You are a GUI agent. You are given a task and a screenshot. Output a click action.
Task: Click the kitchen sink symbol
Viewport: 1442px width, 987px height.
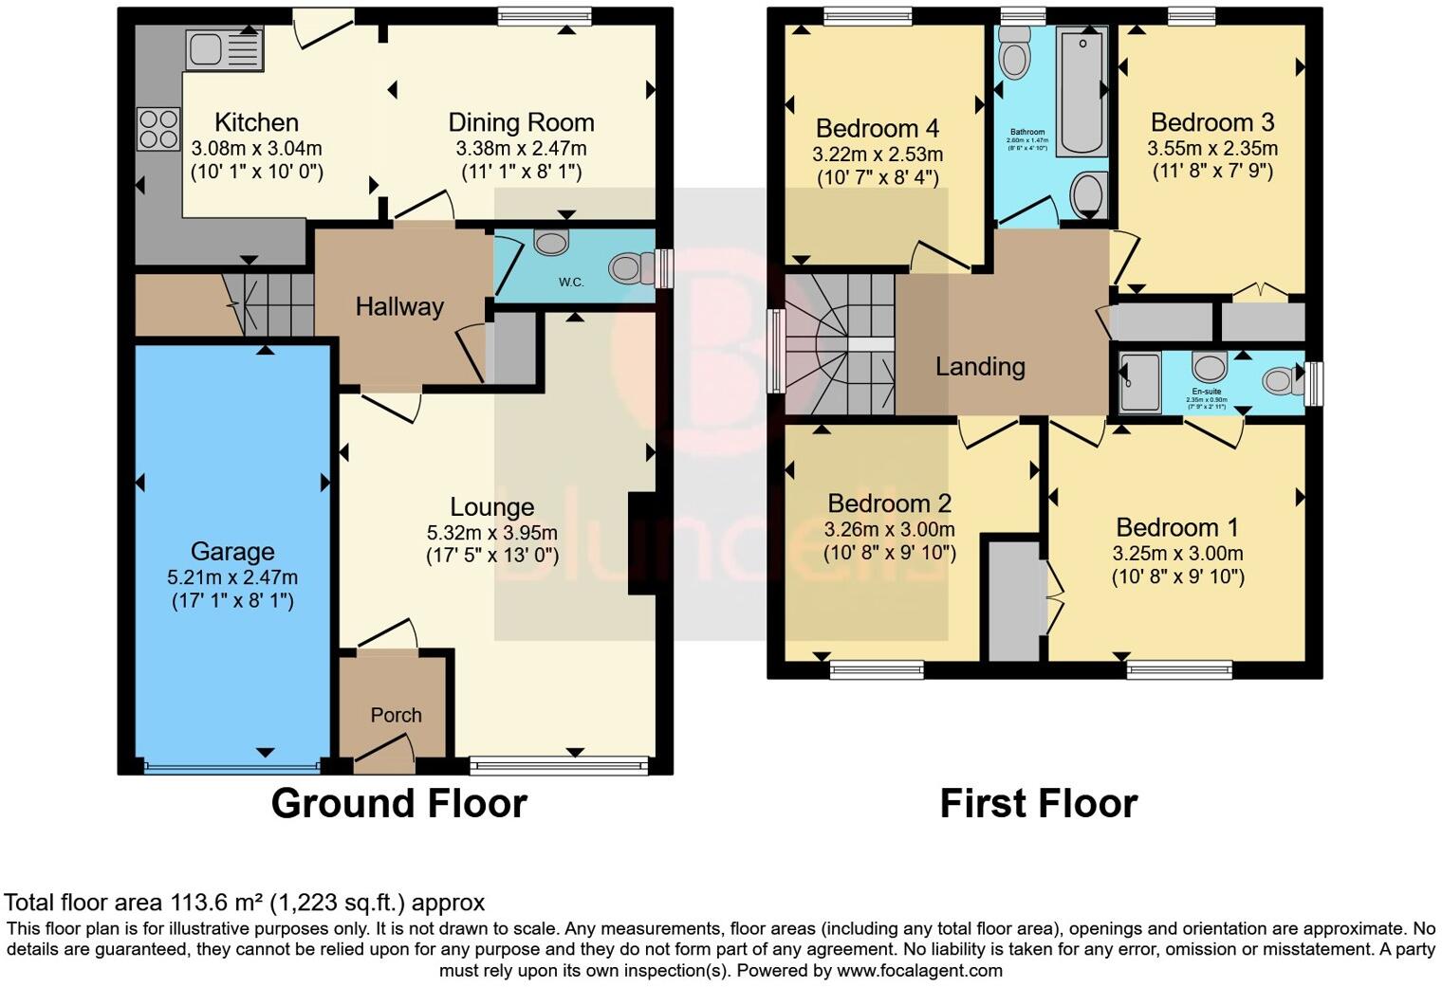[x=226, y=48]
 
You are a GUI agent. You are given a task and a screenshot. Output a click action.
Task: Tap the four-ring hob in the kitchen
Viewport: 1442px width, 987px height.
[x=158, y=129]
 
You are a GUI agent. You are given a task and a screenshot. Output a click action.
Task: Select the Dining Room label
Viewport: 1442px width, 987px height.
[x=521, y=122]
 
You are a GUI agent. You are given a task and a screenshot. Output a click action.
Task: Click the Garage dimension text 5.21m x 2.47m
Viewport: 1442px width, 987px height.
[x=232, y=577]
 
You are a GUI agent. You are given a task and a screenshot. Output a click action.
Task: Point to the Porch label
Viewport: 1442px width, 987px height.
[x=396, y=715]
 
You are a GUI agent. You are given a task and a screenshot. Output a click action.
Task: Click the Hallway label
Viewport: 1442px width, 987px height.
[x=399, y=306]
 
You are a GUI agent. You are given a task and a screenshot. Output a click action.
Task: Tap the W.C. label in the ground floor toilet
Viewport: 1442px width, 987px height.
[x=570, y=282]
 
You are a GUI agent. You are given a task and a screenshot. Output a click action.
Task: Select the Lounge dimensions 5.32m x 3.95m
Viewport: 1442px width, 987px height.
[x=491, y=533]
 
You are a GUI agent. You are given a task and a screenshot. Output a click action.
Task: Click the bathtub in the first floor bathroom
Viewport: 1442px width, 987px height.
[x=1082, y=91]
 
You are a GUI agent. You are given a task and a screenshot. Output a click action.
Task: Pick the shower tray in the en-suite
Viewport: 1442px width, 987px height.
[x=1139, y=383]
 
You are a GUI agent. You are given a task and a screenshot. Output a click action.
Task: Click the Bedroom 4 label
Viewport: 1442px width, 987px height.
[x=878, y=128]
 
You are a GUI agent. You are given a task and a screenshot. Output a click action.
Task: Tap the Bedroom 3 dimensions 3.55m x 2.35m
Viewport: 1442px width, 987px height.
[x=1211, y=149]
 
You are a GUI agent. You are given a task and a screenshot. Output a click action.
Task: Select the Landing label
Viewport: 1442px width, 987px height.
[x=980, y=366]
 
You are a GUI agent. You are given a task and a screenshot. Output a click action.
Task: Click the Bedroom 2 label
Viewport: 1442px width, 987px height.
[x=889, y=503]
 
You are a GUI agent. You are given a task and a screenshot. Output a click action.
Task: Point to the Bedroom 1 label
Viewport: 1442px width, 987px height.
[x=1177, y=527]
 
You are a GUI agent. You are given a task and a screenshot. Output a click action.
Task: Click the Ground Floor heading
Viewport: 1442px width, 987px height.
[x=398, y=803]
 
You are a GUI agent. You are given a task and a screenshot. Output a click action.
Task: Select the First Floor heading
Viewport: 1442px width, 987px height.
[x=1038, y=803]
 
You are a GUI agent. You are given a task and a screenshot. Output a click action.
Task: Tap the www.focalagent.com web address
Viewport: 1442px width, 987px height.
[x=919, y=970]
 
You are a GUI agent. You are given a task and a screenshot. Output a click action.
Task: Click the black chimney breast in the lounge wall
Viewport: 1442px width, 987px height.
[x=640, y=544]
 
